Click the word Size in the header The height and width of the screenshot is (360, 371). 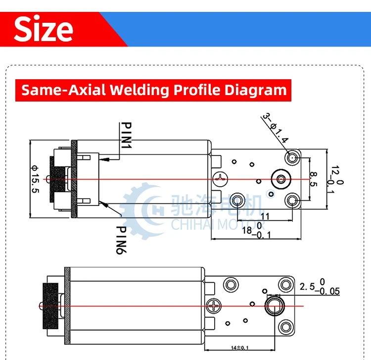click(44, 29)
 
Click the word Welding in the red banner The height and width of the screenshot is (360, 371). click(139, 90)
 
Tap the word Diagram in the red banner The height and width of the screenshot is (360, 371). click(256, 91)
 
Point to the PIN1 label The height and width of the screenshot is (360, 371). click(126, 136)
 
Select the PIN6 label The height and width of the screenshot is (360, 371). click(121, 240)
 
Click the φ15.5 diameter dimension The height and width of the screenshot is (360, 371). click(35, 179)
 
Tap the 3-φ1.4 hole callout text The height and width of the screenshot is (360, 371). click(275, 128)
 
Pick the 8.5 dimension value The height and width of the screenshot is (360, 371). click(313, 179)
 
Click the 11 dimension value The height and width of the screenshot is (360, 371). click(265, 216)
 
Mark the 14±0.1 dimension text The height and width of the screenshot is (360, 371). click(240, 348)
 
